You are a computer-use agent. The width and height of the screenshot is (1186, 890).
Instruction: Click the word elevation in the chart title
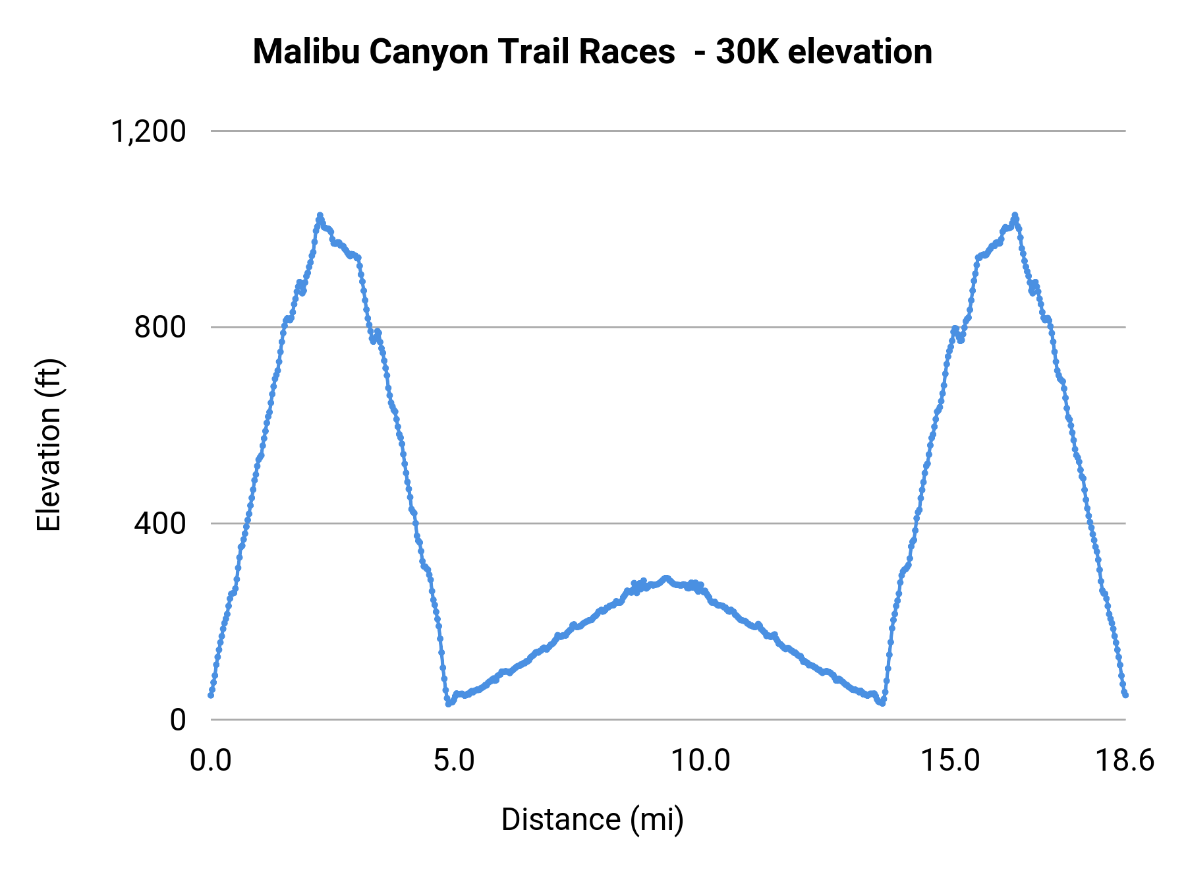[860, 51]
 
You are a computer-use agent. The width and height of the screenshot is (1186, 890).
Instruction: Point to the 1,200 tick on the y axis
[149, 131]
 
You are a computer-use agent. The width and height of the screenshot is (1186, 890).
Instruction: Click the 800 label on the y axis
[160, 327]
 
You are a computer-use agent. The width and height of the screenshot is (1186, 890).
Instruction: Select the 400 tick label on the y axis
[160, 523]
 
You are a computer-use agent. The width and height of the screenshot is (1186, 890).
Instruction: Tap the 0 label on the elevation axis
[178, 720]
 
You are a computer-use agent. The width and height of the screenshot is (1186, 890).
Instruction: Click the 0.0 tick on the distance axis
[211, 761]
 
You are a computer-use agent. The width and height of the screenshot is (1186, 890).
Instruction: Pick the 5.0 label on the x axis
[454, 761]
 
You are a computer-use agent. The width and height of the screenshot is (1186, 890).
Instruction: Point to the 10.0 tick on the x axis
[700, 761]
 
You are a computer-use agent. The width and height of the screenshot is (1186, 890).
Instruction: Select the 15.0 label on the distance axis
[949, 761]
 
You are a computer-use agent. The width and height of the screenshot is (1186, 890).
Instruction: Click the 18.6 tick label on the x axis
[1125, 761]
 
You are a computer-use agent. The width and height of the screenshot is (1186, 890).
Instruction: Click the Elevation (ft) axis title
[49, 445]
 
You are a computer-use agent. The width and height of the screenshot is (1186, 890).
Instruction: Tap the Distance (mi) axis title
[592, 819]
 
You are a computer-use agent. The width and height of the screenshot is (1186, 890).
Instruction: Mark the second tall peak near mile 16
[1015, 215]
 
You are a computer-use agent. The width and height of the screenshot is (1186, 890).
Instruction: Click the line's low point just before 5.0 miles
[448, 703]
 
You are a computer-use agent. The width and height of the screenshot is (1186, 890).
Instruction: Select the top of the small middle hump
[666, 578]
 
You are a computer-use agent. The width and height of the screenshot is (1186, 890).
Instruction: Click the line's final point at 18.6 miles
[1125, 695]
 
